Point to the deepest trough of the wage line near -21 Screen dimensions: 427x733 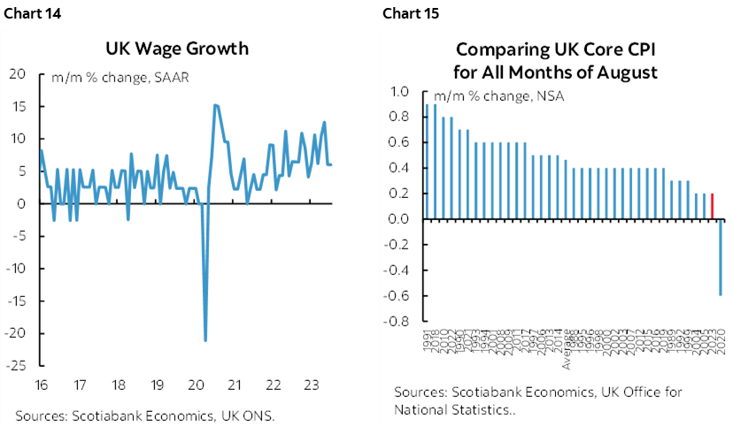(205, 339)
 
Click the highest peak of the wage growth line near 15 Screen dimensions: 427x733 (216, 106)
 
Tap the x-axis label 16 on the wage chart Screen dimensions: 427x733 (41, 385)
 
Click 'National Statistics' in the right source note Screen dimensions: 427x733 (437, 409)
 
